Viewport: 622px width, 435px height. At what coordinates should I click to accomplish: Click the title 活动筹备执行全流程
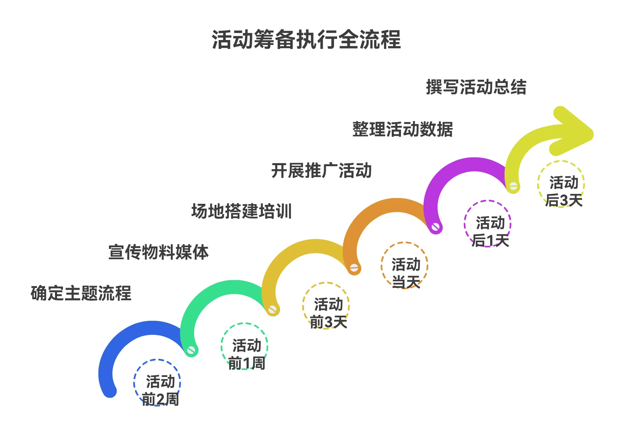coord(306,40)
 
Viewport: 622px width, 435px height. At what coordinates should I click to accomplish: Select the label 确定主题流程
coord(81,293)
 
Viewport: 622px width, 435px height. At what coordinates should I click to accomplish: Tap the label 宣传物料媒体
coord(158,252)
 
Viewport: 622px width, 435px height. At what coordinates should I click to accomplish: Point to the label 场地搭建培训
coord(241,211)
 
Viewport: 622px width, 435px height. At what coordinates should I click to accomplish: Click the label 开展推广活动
coord(321,170)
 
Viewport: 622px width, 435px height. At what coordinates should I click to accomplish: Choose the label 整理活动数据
coord(402,129)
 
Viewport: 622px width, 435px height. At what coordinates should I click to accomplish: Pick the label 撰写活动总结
coord(476,87)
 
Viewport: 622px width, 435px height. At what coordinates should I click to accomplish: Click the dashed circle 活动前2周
coord(157,383)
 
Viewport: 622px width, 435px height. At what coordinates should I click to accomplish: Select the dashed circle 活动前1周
coord(244,346)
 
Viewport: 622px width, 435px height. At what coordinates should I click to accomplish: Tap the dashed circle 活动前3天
coord(326,305)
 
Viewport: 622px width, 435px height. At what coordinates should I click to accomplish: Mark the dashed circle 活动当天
coord(404,265)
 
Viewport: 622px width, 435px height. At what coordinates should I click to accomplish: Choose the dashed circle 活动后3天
coord(561,184)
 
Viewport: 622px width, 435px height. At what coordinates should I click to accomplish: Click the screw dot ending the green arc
coord(273,310)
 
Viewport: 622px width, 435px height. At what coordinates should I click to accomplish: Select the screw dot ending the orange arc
coord(436,227)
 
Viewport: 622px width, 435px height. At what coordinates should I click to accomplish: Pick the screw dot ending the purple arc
coord(513,186)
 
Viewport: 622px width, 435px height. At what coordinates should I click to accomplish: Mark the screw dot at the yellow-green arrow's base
coord(513,186)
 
